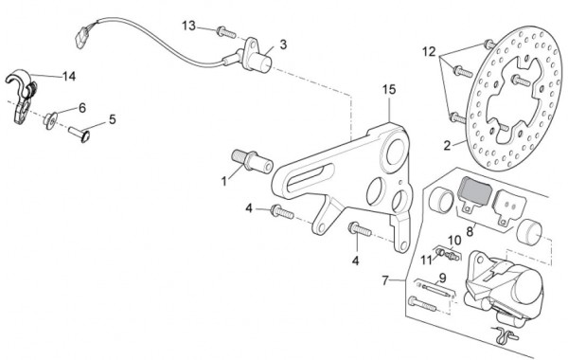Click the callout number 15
click(x=389, y=90)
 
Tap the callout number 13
click(x=188, y=27)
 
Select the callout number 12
click(x=429, y=52)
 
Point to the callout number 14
click(x=69, y=76)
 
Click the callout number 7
click(x=385, y=280)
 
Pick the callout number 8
click(x=470, y=231)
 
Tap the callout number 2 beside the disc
click(x=448, y=146)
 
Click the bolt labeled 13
click(x=226, y=32)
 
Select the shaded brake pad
click(x=475, y=195)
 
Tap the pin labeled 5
click(x=80, y=134)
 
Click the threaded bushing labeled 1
click(x=252, y=161)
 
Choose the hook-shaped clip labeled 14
click(x=22, y=95)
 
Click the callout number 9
click(x=442, y=279)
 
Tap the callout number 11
click(x=426, y=260)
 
